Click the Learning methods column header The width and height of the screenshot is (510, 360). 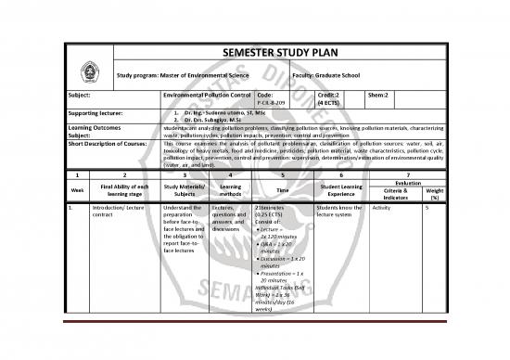pos(231,191)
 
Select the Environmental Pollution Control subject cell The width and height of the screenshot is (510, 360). pos(205,96)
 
